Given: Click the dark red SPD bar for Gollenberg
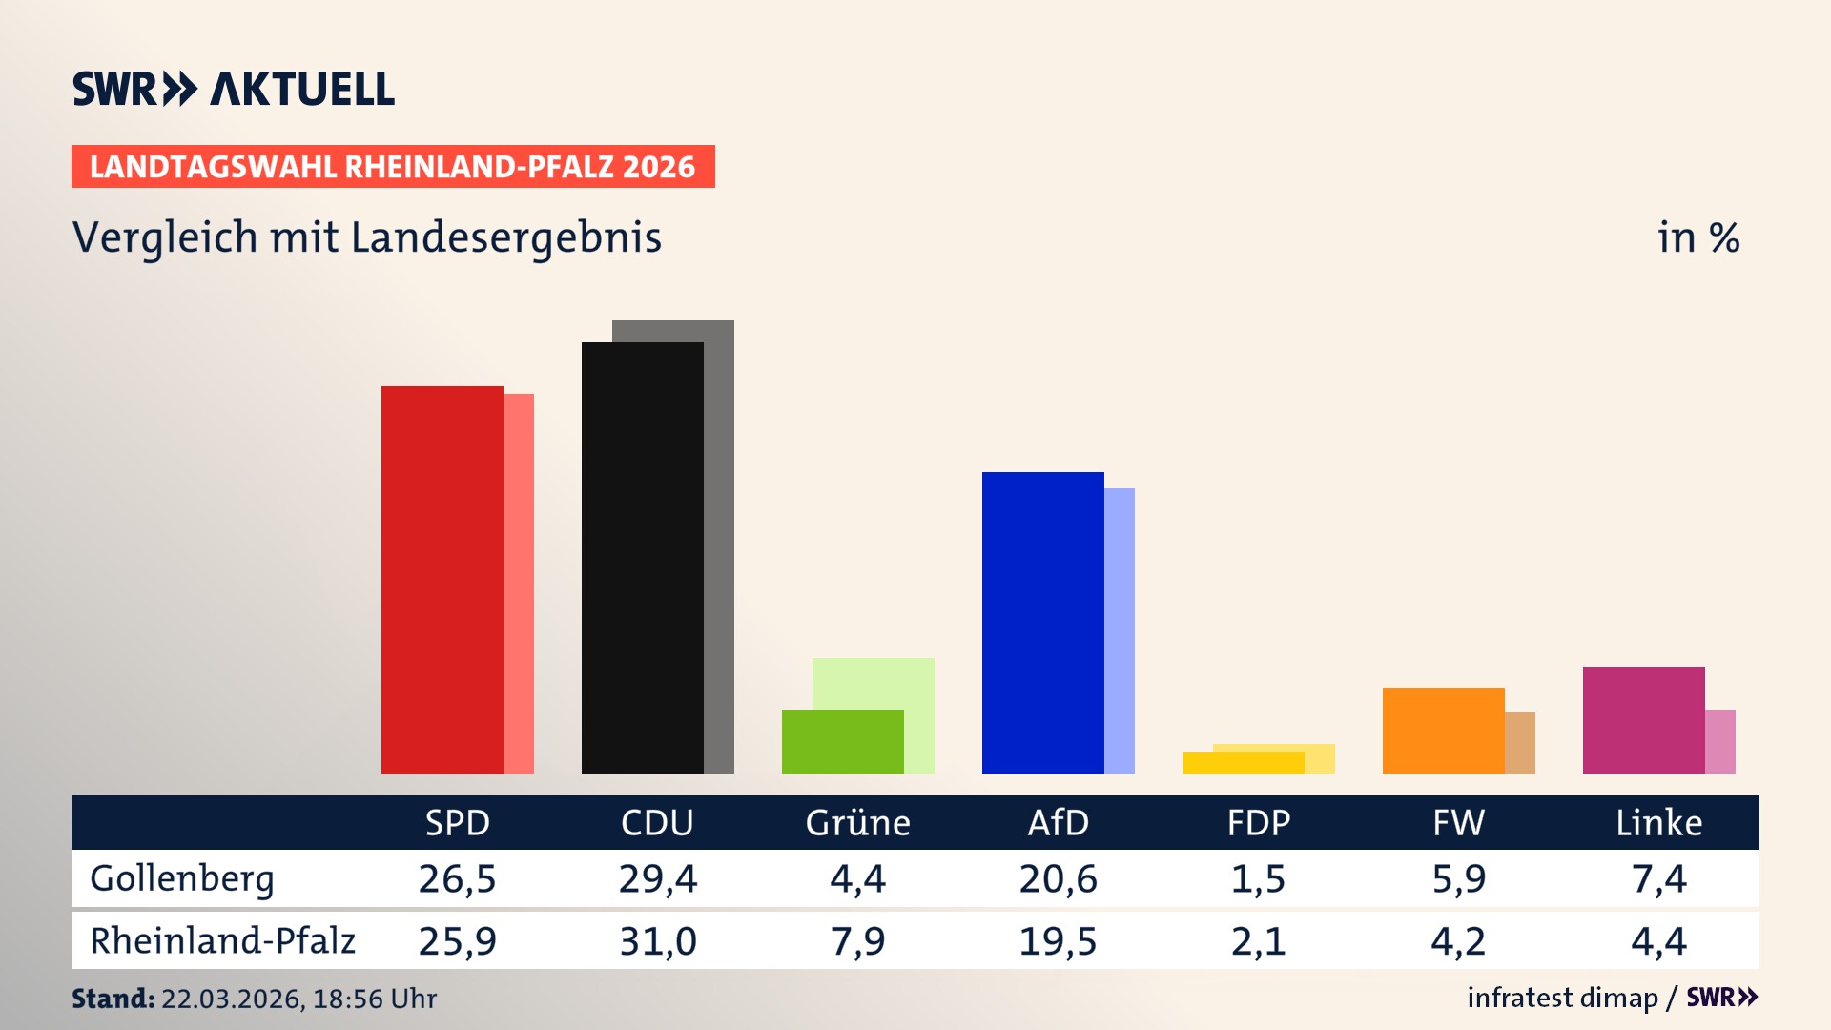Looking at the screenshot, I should pos(442,580).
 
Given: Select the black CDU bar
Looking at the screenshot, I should pos(642,558).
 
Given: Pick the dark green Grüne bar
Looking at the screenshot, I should pos(842,742).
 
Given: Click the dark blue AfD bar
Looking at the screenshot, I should pos(1042,623).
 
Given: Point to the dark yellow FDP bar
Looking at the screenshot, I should pos(1243,763).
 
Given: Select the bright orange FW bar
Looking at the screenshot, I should pos(1443,731).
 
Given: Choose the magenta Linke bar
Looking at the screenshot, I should pos(1643,720).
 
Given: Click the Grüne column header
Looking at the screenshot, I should pos(857,822).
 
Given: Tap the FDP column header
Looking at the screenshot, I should pos(1258,822).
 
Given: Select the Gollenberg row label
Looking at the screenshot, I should pos(182,878).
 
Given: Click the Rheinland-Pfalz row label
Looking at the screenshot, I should pos(222,940).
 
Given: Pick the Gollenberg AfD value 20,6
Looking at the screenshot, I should pos(1058,878).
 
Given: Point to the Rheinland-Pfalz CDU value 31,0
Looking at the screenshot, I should pos(657,941).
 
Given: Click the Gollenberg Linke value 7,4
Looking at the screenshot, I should pos(1658,878).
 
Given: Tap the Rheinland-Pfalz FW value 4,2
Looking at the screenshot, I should pos(1458,941).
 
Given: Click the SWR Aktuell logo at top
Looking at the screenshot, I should pos(234,89).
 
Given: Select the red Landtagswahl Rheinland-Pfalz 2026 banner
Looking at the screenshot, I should pos(393,166).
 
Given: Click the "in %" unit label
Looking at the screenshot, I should pos(1697,237).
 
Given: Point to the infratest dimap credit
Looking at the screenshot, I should pos(1562,998).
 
